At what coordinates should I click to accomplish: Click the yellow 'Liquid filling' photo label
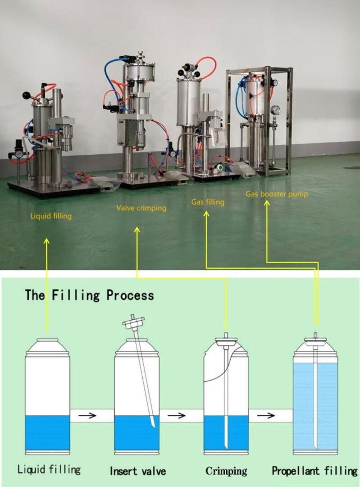(51, 216)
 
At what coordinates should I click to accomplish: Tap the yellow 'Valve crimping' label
(141, 208)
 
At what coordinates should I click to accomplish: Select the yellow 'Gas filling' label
(208, 202)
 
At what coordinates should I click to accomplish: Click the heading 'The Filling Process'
(89, 296)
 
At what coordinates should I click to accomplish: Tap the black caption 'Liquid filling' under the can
(49, 469)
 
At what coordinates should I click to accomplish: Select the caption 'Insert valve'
(138, 472)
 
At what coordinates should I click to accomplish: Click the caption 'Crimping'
(226, 471)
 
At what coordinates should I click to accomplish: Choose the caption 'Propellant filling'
(314, 471)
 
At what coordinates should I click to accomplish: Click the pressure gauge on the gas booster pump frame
(275, 110)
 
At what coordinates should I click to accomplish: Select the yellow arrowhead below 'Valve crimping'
(137, 230)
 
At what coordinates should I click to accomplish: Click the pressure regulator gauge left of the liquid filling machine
(18, 154)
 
